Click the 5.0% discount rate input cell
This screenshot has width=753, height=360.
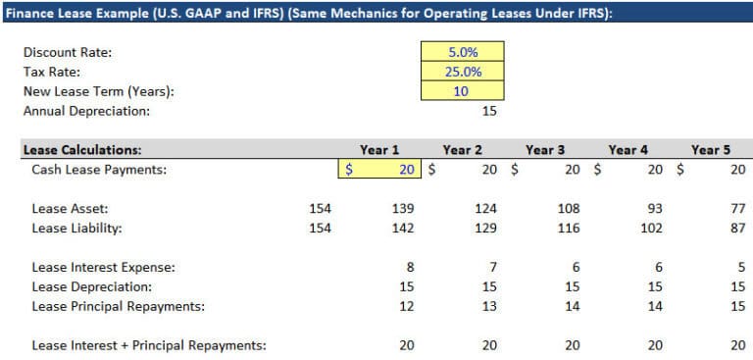pyautogui.click(x=462, y=52)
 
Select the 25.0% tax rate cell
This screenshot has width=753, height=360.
pyautogui.click(x=462, y=72)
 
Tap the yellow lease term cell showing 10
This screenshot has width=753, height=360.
pyautogui.click(x=462, y=91)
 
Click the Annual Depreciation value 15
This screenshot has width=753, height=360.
pyautogui.click(x=489, y=111)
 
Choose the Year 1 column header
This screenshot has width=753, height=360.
pyautogui.click(x=379, y=150)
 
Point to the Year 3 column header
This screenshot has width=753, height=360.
pyautogui.click(x=545, y=150)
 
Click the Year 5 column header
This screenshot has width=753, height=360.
pyautogui.click(x=711, y=150)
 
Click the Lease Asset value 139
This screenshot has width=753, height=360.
pyautogui.click(x=403, y=209)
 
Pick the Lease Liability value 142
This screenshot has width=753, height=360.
pyautogui.click(x=403, y=229)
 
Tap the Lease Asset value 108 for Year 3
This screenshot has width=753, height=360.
pyautogui.click(x=569, y=209)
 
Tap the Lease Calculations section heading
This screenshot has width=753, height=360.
pyautogui.click(x=82, y=150)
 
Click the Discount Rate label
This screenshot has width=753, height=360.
pyautogui.click(x=66, y=52)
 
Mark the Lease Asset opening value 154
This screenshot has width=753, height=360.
pyautogui.click(x=320, y=209)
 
